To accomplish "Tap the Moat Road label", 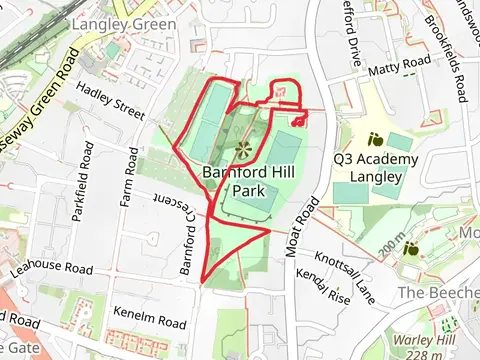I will tap(300, 227).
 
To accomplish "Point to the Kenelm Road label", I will tap(150, 323).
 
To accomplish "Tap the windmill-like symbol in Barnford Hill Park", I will tap(243, 150).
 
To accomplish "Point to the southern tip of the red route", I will tap(204, 281).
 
